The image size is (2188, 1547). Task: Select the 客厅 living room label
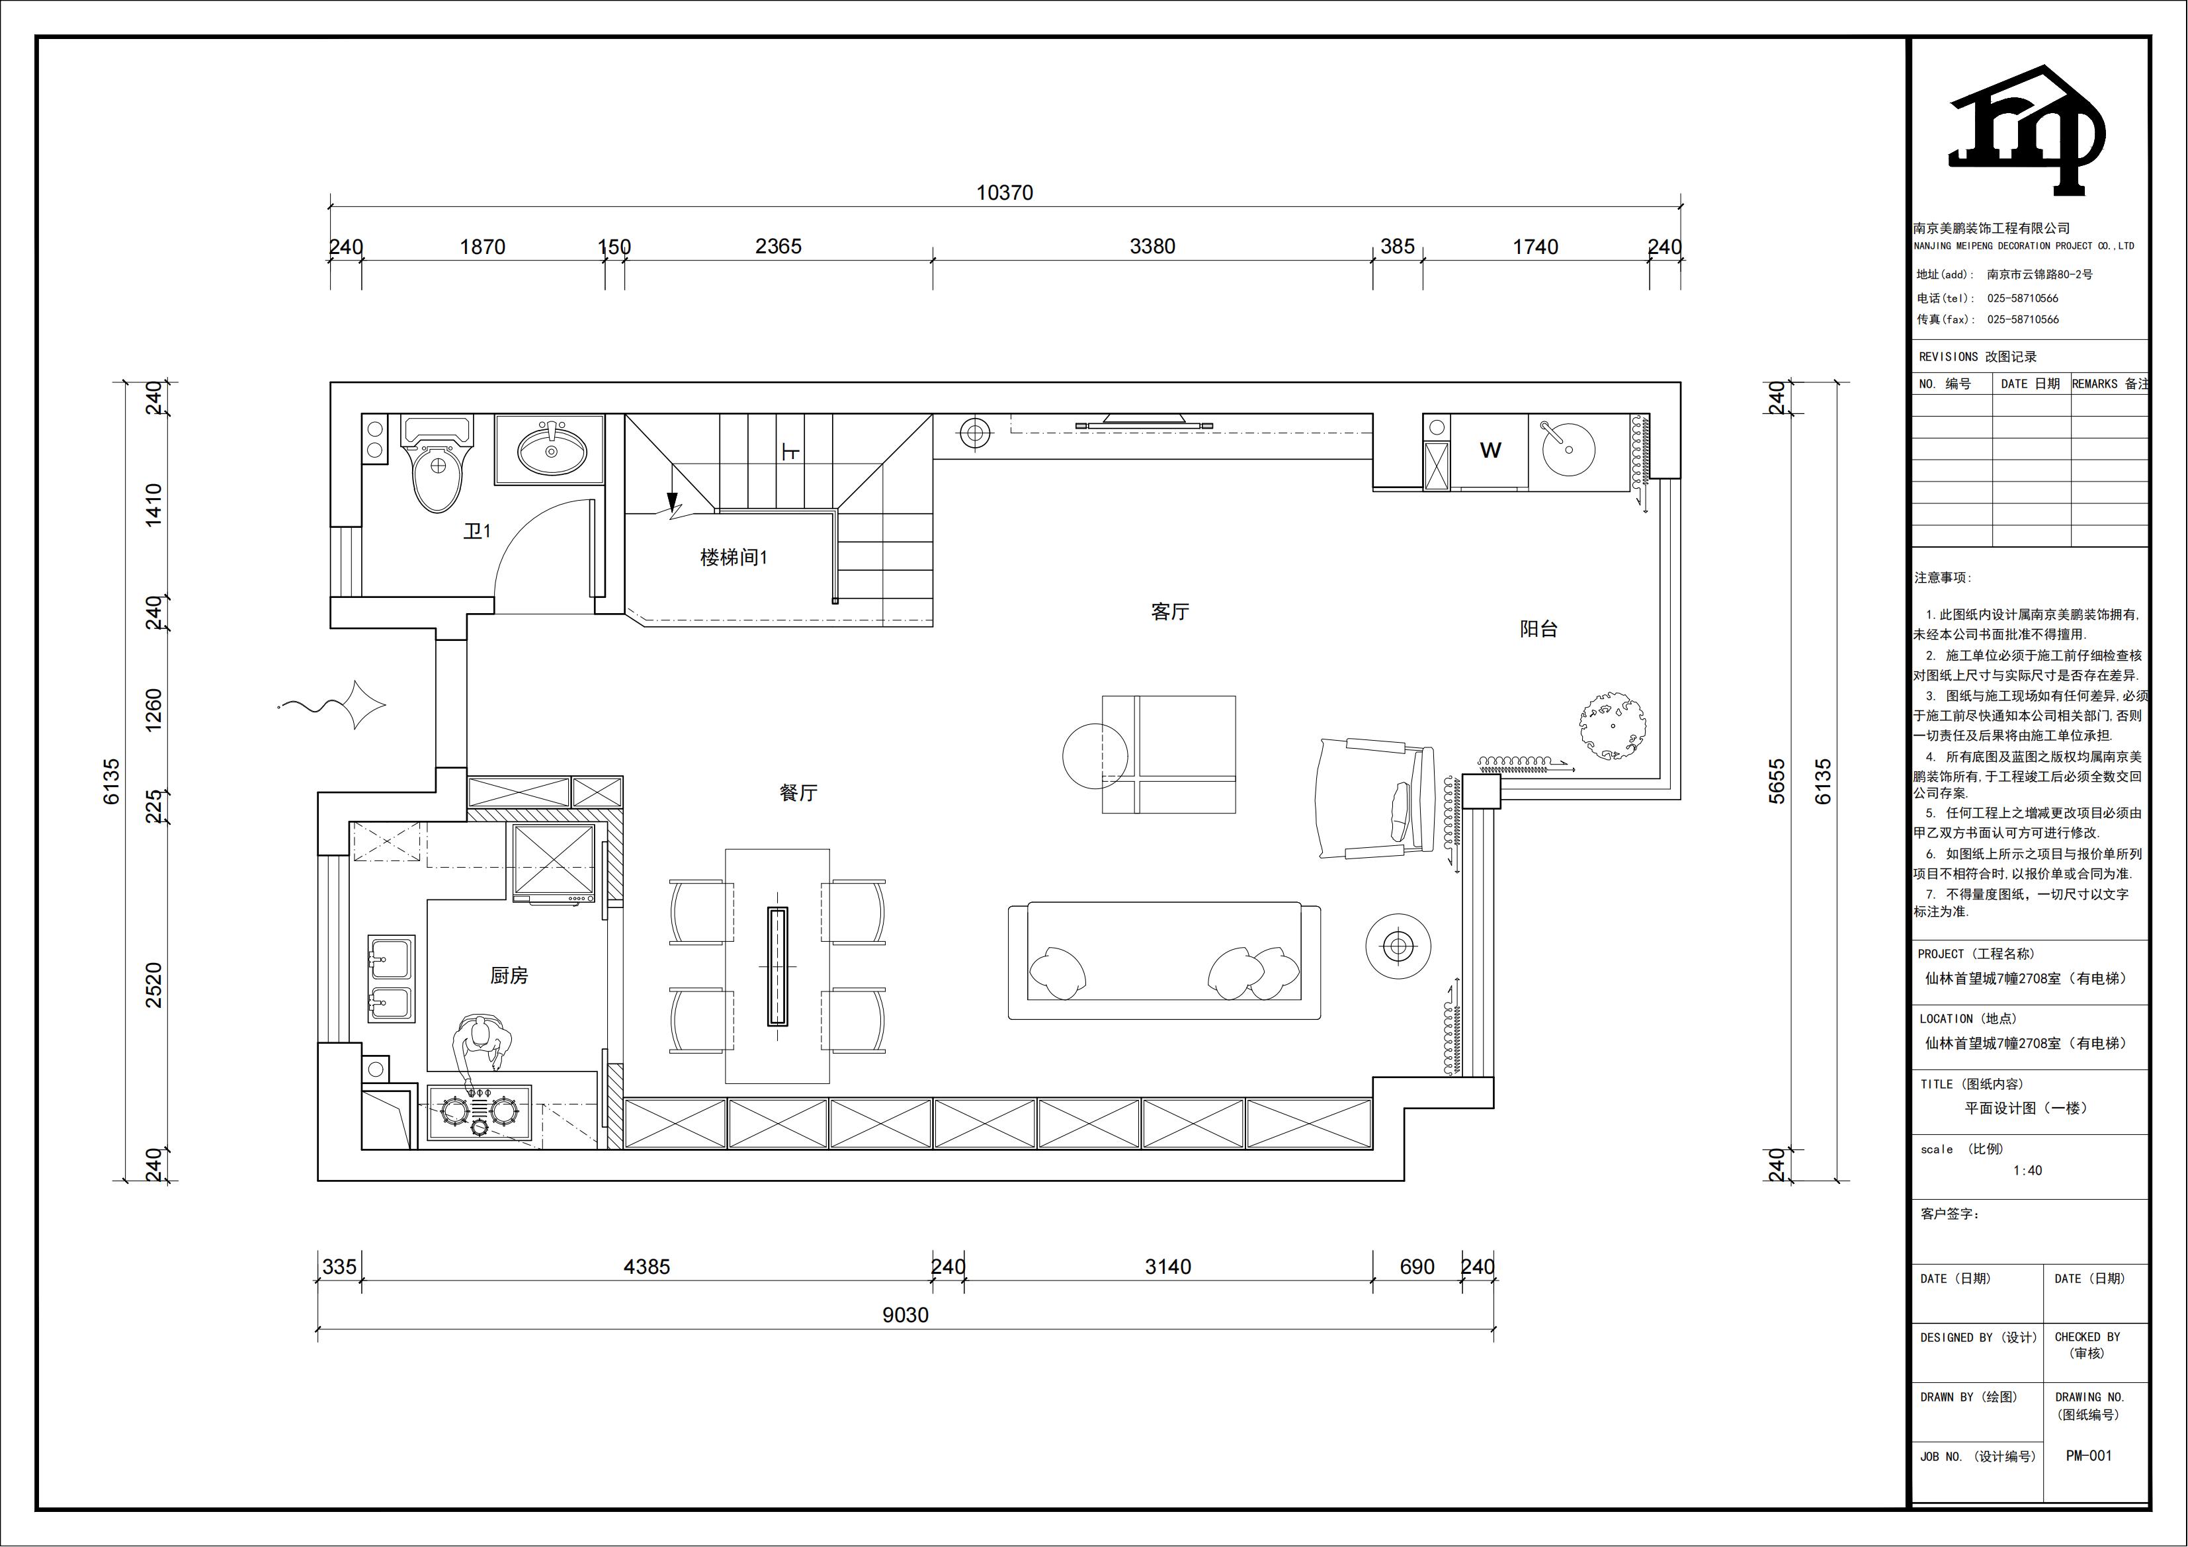1169,612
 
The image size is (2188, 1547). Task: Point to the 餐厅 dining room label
798,793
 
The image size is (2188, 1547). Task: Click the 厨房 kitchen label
509,975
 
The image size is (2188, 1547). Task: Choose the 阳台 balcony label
1538,629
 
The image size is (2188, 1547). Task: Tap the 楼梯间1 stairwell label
734,558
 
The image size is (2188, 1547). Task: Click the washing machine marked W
1490,451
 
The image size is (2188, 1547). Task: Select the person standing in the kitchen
482,1052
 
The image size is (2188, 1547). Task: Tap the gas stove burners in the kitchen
478,1111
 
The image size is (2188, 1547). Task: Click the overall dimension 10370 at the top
1005,192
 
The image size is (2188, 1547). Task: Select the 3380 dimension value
1152,247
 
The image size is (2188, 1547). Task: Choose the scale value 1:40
2028,1171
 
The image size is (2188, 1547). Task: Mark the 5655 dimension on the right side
1777,782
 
